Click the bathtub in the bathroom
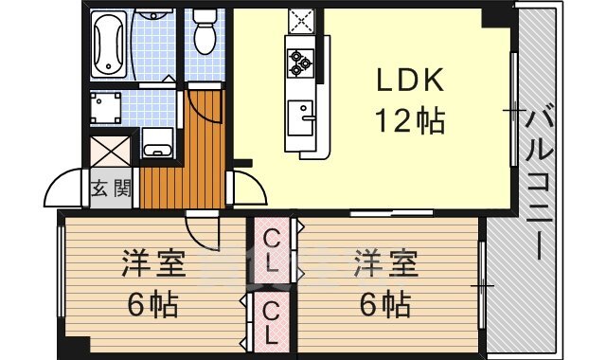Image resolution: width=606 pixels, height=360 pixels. tap(109, 45)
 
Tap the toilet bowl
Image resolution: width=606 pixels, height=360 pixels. tap(205, 31)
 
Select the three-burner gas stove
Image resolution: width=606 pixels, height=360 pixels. tap(300, 63)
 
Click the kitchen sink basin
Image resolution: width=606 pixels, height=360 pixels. tap(301, 117)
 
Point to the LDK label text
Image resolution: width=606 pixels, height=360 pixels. tap(410, 81)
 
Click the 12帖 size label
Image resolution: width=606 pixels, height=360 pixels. tap(410, 120)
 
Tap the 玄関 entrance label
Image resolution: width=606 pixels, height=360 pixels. tap(112, 189)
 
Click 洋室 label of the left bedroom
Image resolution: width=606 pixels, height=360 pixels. tap(153, 263)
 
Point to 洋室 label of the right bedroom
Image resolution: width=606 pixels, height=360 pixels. tap(386, 263)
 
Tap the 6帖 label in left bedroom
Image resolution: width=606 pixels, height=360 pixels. tap(153, 304)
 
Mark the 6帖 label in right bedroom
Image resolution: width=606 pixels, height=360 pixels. tap(385, 304)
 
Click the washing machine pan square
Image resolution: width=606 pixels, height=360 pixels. tap(105, 108)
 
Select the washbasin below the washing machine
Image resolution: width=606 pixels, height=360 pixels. tap(158, 142)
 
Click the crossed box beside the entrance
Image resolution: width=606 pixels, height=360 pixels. tap(110, 151)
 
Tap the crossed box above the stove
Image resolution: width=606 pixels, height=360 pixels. tap(301, 21)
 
